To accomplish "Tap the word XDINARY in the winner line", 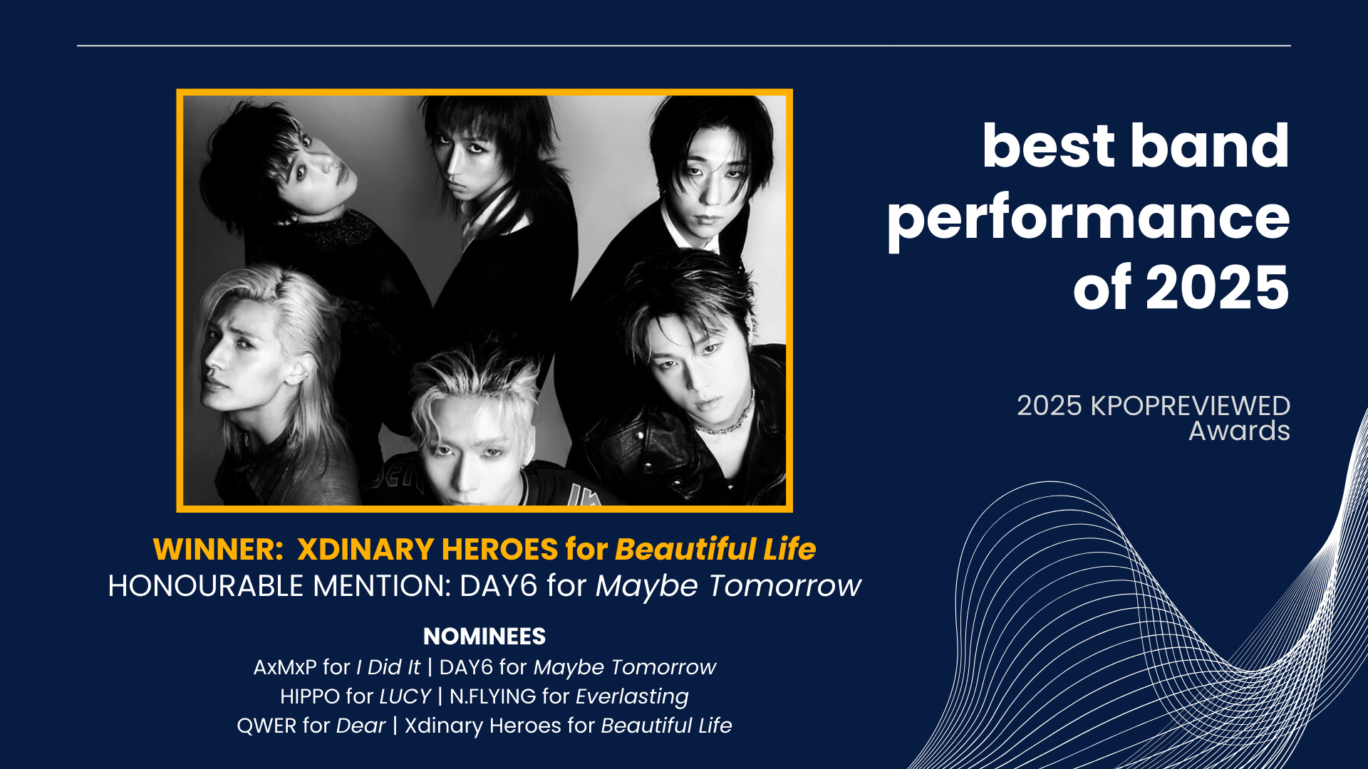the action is point(366,549).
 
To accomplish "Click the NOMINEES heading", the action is point(484,636).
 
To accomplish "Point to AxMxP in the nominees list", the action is point(285,667).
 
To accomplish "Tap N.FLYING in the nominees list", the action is point(492,696).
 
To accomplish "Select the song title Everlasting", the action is point(632,696).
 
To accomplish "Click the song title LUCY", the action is point(405,696).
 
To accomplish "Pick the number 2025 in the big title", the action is point(1217,288).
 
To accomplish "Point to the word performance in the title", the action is point(1088,220).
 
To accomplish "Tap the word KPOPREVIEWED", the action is point(1191,406).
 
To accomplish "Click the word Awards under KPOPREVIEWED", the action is point(1239,431).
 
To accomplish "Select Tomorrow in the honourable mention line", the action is point(784,586).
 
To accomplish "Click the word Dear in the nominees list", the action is point(361,726).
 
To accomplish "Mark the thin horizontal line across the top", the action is point(684,46).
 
